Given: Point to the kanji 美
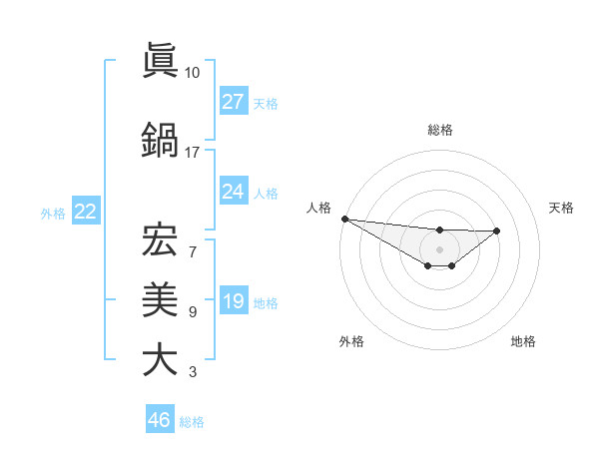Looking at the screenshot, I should tap(160, 298).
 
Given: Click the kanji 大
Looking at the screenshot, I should tap(160, 359).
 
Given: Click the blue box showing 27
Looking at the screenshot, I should tap(233, 101).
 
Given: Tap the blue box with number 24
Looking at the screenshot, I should tap(233, 191).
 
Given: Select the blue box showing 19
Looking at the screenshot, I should tap(233, 301).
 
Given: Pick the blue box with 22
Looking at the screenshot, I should tap(85, 212).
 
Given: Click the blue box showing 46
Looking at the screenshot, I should tap(160, 419).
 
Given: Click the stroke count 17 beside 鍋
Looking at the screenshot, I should tap(193, 153).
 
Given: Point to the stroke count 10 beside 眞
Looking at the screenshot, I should tap(193, 73).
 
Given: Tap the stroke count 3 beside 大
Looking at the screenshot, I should tap(193, 373).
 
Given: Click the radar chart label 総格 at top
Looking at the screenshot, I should tap(440, 130).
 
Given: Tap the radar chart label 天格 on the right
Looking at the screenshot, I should tap(561, 208).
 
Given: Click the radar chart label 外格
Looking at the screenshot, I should tap(351, 341).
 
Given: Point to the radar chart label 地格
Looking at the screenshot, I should tap(523, 341).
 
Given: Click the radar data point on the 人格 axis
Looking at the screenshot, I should tap(344, 219).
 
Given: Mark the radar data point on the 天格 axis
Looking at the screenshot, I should tap(497, 231).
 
